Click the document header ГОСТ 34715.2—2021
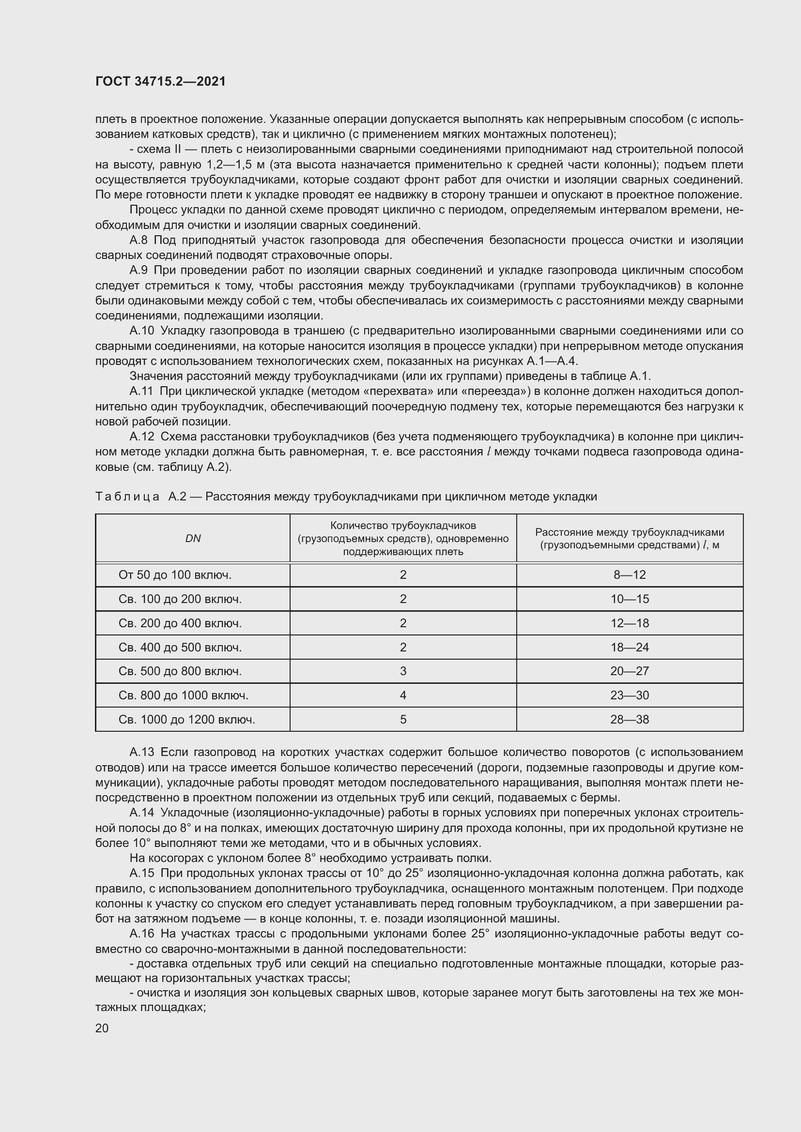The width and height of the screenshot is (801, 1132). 160,81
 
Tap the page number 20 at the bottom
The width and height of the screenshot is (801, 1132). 102,1028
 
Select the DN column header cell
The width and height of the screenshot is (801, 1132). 193,538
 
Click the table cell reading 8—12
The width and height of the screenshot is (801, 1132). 630,575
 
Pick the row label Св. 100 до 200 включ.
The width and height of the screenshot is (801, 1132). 180,599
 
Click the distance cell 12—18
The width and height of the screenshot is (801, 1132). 630,623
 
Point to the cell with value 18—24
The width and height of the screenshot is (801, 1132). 630,648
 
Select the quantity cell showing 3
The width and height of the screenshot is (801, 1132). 403,671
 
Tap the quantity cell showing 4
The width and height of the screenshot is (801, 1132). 403,695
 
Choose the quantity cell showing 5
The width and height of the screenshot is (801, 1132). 403,719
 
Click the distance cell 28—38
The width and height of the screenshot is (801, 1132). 630,719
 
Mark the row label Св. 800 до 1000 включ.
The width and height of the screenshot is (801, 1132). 184,695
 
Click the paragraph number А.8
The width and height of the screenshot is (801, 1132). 139,240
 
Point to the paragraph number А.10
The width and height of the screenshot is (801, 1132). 141,331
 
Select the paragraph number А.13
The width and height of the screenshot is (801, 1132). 141,752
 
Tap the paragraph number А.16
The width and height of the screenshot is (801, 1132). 141,933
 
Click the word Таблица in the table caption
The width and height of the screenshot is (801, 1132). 127,497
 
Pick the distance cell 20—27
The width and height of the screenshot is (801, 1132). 630,671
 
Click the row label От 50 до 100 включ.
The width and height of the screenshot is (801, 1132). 175,575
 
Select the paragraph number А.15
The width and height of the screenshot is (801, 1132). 141,873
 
